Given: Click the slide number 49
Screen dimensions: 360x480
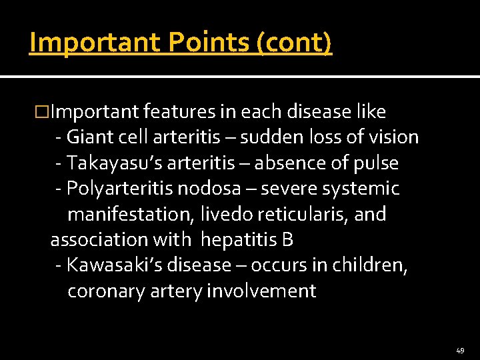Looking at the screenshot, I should (x=460, y=350).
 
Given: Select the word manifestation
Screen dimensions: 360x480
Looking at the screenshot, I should (x=129, y=215).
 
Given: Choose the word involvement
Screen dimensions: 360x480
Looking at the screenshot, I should (x=261, y=291).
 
